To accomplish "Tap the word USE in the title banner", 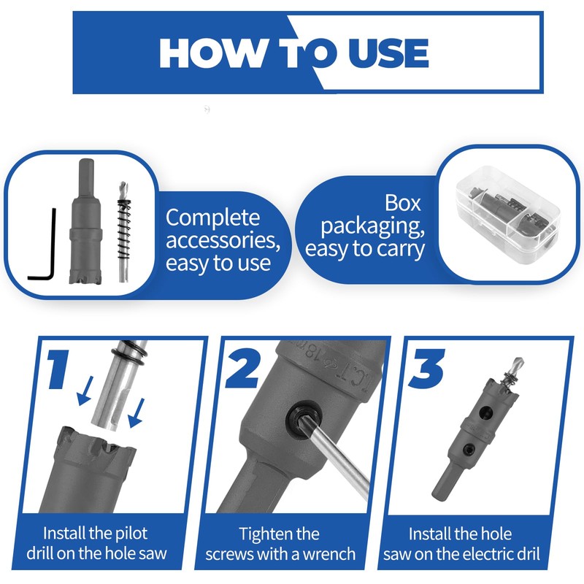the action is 388,53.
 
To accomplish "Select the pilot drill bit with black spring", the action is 123,231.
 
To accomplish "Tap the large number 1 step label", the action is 59,369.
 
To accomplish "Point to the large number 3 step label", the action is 426,369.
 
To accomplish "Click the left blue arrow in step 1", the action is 85,391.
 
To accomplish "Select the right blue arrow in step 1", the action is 136,413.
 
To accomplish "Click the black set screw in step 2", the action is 304,419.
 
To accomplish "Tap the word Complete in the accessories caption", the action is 212,218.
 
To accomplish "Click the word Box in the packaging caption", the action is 403,203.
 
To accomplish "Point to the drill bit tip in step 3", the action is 521,360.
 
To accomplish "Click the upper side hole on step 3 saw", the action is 485,411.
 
